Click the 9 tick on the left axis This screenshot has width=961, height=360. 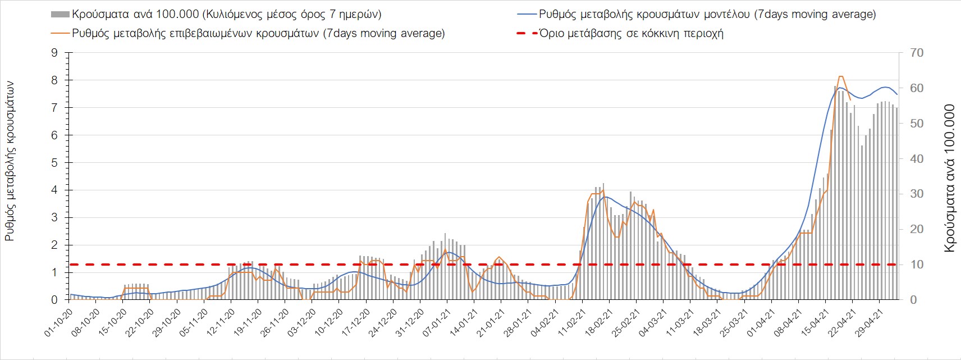click(x=54, y=53)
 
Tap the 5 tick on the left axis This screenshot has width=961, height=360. click(x=54, y=163)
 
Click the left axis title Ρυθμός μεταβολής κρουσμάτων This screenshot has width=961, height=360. click(x=10, y=161)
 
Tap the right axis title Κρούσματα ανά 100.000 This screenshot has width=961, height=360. click(x=949, y=178)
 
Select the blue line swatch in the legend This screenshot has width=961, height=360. click(x=526, y=14)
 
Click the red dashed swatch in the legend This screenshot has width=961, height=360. click(x=526, y=33)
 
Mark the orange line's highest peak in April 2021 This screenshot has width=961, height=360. click(x=841, y=76)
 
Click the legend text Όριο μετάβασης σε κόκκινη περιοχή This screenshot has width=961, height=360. click(x=631, y=33)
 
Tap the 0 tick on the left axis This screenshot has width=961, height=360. click(x=54, y=300)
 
